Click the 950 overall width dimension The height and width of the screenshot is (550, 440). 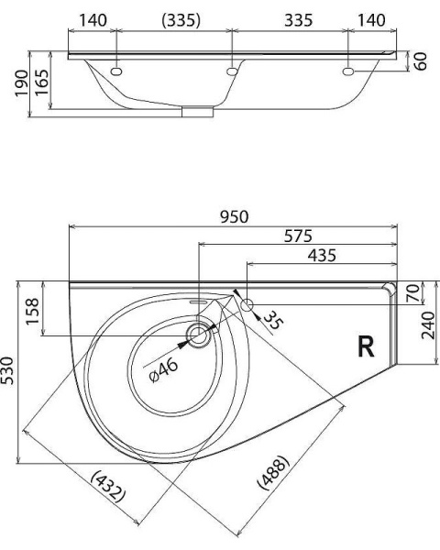[x=234, y=216]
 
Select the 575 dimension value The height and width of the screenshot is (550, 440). [x=297, y=236]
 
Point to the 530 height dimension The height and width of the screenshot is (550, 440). [x=9, y=371]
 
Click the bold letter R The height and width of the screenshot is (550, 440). [x=366, y=346]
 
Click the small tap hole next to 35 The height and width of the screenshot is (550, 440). [x=248, y=301]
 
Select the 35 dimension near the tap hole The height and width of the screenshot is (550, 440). [x=272, y=322]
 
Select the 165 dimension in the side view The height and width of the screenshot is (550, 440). [x=41, y=84]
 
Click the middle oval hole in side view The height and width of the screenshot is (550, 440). [x=233, y=70]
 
